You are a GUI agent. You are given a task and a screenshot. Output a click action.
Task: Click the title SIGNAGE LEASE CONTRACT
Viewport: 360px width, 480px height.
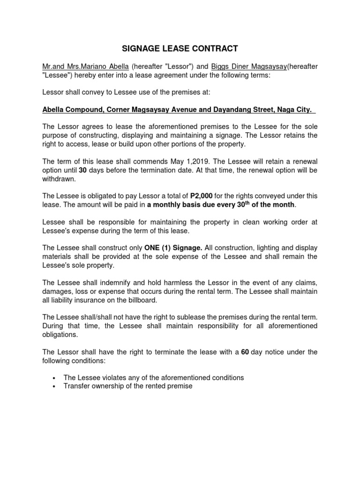click(180, 49)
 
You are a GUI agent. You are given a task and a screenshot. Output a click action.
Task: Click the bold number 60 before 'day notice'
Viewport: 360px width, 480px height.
click(245, 352)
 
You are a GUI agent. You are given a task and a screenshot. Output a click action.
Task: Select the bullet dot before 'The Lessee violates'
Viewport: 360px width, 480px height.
click(55, 378)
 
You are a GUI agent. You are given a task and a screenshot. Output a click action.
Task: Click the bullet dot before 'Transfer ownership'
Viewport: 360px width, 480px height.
click(55, 387)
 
